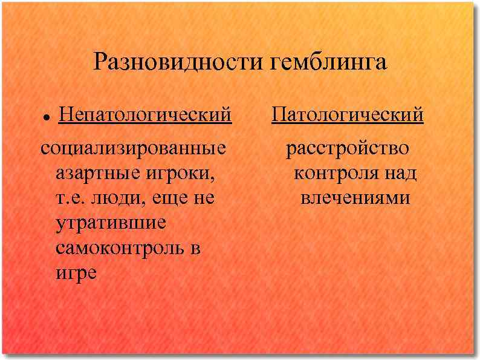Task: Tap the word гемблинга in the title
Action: (x=329, y=62)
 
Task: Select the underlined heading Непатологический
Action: (x=144, y=114)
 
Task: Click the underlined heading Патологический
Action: (x=348, y=114)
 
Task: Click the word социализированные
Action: (x=134, y=148)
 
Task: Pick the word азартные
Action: (x=96, y=174)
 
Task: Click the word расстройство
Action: (x=347, y=148)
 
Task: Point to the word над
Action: (x=400, y=174)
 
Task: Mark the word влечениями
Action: (x=355, y=198)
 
